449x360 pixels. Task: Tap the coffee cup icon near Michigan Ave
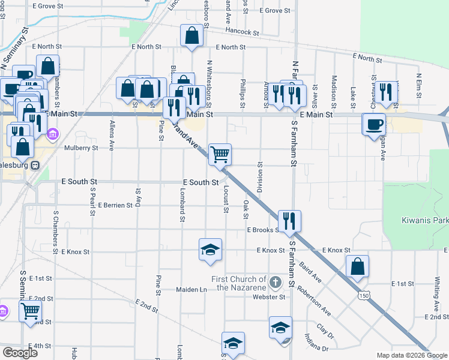pos(373,124)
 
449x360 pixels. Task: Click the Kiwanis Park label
pos(424,220)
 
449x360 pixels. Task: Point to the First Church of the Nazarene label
pos(238,283)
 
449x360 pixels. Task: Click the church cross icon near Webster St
pos(275,281)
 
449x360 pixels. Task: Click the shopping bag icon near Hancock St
pos(192,36)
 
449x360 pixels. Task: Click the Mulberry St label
pos(81,147)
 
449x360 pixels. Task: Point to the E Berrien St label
pos(115,205)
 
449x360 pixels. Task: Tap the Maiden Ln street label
pos(191,289)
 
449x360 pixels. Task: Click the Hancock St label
pos(242,32)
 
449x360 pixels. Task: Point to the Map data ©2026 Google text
pos(411,355)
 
